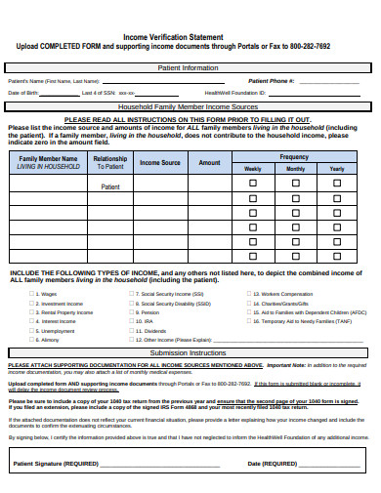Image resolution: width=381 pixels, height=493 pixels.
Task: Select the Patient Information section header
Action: [x=188, y=67]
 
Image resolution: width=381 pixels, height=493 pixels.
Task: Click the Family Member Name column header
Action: [x=48, y=158]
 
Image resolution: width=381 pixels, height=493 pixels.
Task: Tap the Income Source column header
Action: [x=156, y=163]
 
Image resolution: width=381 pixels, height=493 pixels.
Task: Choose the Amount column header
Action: [x=209, y=163]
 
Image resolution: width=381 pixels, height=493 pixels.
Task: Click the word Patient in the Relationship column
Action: [x=110, y=185]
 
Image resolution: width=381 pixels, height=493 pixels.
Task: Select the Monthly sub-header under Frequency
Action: [x=295, y=169]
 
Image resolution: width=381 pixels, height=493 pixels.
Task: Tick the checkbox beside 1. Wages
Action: [x=30, y=294]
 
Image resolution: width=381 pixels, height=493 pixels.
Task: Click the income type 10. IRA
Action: [x=147, y=320]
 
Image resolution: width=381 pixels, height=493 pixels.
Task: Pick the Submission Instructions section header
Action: [x=188, y=352]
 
